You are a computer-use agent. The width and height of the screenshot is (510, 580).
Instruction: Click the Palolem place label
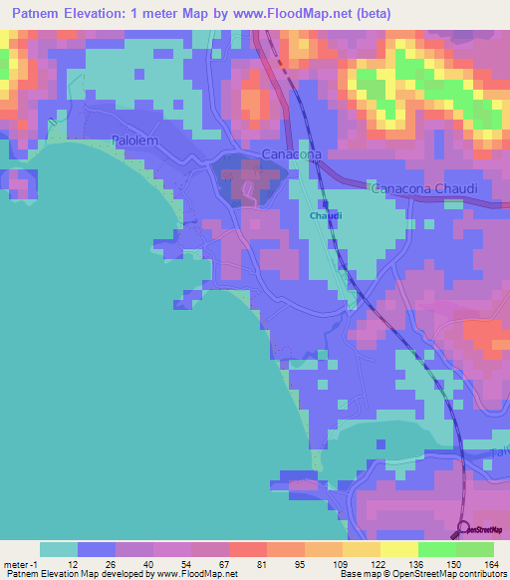(134, 142)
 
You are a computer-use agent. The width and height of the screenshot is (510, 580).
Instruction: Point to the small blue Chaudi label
(326, 215)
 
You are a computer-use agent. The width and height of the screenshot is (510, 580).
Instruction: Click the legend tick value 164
(491, 563)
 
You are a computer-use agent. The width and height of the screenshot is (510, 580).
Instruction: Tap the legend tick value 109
(341, 563)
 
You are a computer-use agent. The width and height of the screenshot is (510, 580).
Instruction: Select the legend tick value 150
(454, 563)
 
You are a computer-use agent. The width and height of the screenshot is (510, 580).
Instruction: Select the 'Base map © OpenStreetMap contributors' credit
(422, 574)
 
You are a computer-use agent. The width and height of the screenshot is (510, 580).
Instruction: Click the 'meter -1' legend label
(19, 563)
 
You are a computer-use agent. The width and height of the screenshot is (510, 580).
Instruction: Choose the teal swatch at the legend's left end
(59, 549)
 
